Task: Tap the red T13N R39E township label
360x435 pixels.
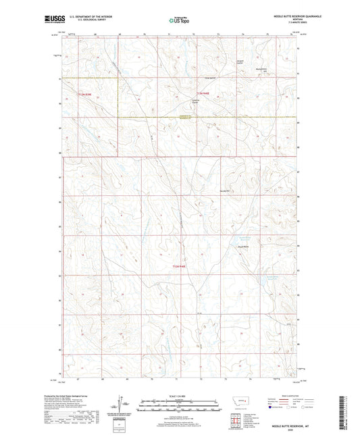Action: tap(86, 92)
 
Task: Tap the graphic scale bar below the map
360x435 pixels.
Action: tap(178, 407)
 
